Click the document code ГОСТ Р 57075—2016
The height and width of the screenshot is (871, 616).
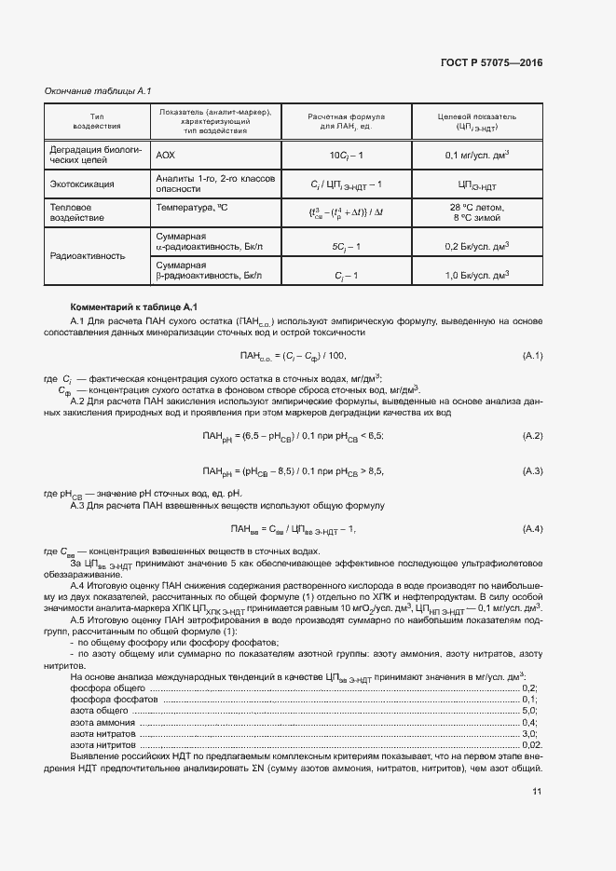click(x=491, y=62)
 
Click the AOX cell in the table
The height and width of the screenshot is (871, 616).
click(x=165, y=154)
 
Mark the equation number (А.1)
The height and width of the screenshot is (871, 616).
click(x=532, y=356)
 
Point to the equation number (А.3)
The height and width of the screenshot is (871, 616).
click(x=532, y=471)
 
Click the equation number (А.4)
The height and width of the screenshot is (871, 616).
click(x=532, y=529)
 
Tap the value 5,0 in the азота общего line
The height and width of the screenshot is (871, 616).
click(x=530, y=710)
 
